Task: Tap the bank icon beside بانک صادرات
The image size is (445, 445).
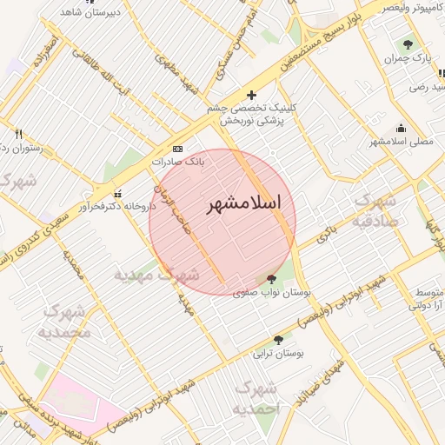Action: coord(178,149)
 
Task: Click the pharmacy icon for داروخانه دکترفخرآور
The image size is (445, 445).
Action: coord(118,193)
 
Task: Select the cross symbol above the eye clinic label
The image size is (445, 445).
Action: coord(252,95)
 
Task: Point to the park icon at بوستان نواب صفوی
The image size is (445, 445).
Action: coord(272,279)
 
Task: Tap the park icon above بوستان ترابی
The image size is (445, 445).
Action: coord(278,340)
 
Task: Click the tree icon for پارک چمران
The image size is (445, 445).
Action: coord(407,43)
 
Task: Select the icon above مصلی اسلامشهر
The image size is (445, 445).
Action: coord(401,128)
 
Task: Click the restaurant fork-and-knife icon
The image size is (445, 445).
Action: coord(18,134)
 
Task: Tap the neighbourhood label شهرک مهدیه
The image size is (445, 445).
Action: coord(156,275)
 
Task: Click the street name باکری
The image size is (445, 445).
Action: coord(325,232)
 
